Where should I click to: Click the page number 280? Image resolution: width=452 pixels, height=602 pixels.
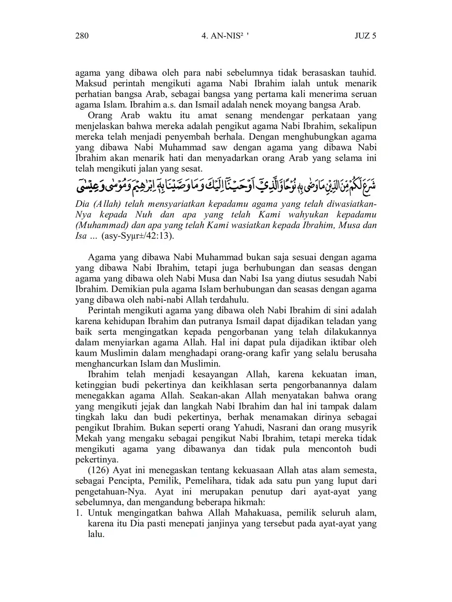(82, 36)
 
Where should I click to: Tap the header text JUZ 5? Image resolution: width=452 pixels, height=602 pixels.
(365, 36)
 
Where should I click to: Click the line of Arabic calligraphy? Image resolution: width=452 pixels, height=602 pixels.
(226, 185)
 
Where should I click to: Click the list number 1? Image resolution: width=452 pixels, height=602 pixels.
(79, 513)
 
